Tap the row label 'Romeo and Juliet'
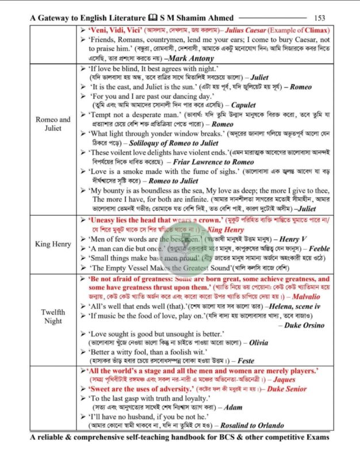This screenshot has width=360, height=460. click(x=57, y=124)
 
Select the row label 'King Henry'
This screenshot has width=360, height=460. click(x=57, y=244)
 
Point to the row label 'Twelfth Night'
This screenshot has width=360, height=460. click(x=57, y=316)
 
